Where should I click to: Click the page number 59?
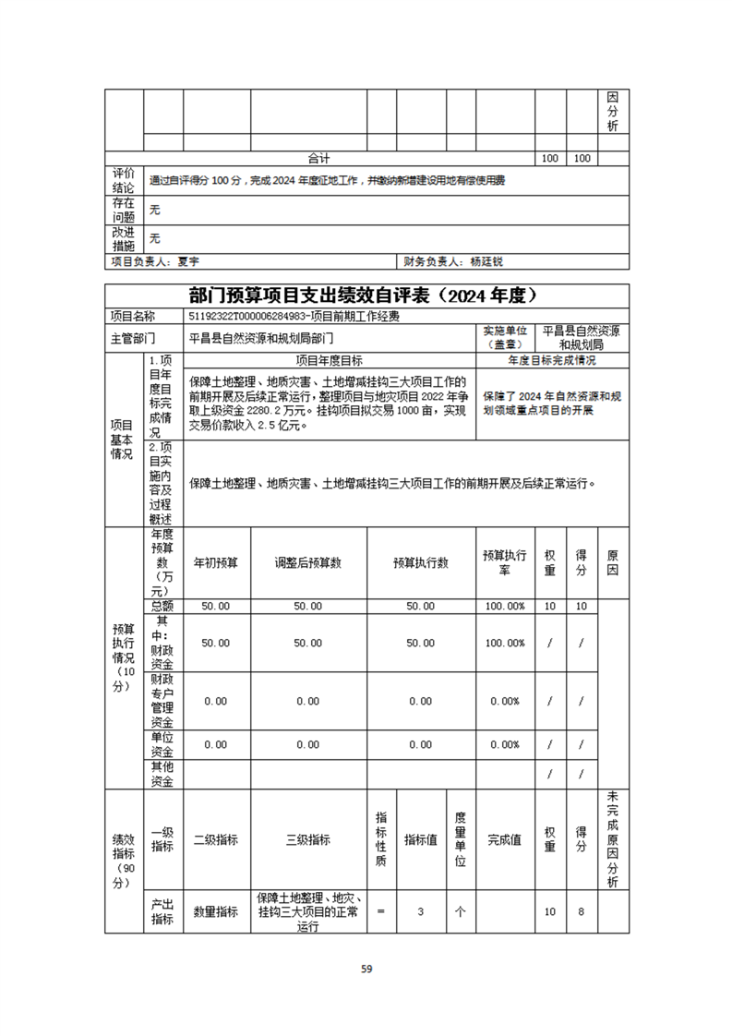tap(366, 969)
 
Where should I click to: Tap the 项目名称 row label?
tap(134, 316)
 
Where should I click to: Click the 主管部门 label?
tap(134, 337)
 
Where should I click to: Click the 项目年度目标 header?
tap(329, 360)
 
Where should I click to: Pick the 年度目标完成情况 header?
tap(552, 360)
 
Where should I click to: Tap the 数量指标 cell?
tap(216, 911)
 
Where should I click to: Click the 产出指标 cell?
tap(162, 911)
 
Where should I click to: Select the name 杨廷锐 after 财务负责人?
tap(486, 262)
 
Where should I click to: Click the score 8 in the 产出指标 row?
tap(582, 911)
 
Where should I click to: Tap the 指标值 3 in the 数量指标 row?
tap(420, 911)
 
